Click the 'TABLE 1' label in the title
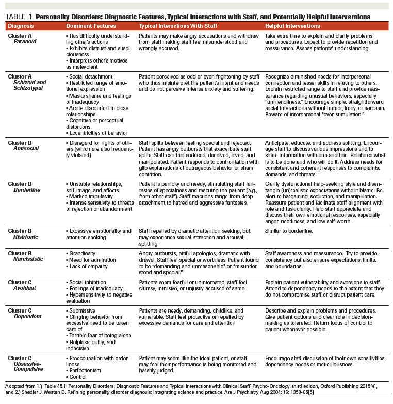(x=19, y=17)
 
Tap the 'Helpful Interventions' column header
(x=292, y=26)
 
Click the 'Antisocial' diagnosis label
(x=26, y=148)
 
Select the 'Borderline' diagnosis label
(x=26, y=190)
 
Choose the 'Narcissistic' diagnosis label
(x=28, y=259)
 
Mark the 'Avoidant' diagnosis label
(x=25, y=288)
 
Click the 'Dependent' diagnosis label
(x=27, y=317)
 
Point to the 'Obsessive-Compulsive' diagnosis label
(x=29, y=366)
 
